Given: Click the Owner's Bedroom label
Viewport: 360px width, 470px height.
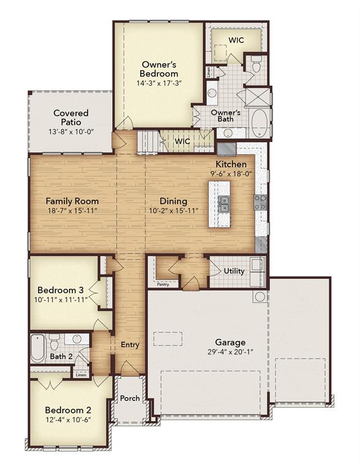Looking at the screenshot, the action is [159, 69].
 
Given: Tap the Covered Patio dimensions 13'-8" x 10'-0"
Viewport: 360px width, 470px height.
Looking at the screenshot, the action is [72, 132].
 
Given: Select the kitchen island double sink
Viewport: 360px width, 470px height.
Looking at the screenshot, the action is [224, 204].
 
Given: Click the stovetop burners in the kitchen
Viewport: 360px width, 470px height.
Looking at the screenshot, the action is [260, 202].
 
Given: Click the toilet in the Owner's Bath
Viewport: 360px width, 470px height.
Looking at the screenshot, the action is [256, 65].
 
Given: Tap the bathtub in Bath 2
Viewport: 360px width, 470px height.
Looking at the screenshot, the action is [38, 348].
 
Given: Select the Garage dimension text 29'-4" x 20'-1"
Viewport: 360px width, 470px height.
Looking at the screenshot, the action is [230, 352].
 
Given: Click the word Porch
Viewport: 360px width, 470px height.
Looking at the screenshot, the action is [130, 398].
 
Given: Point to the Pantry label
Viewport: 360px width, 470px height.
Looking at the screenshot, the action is [163, 284].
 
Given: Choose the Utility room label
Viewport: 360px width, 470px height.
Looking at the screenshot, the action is [234, 271].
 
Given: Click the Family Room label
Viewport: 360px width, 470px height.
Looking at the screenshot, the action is [72, 201].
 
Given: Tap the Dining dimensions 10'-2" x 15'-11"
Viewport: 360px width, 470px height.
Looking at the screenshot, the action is [174, 211].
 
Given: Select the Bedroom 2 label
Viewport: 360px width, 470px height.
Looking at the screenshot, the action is [68, 410].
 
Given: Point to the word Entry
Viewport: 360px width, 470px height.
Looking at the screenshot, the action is [130, 345].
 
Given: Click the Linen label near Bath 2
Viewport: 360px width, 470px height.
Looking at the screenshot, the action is [81, 375].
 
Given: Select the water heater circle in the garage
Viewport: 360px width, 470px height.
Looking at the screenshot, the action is [260, 297].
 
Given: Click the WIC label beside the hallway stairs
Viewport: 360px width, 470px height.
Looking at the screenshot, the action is [182, 141].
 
